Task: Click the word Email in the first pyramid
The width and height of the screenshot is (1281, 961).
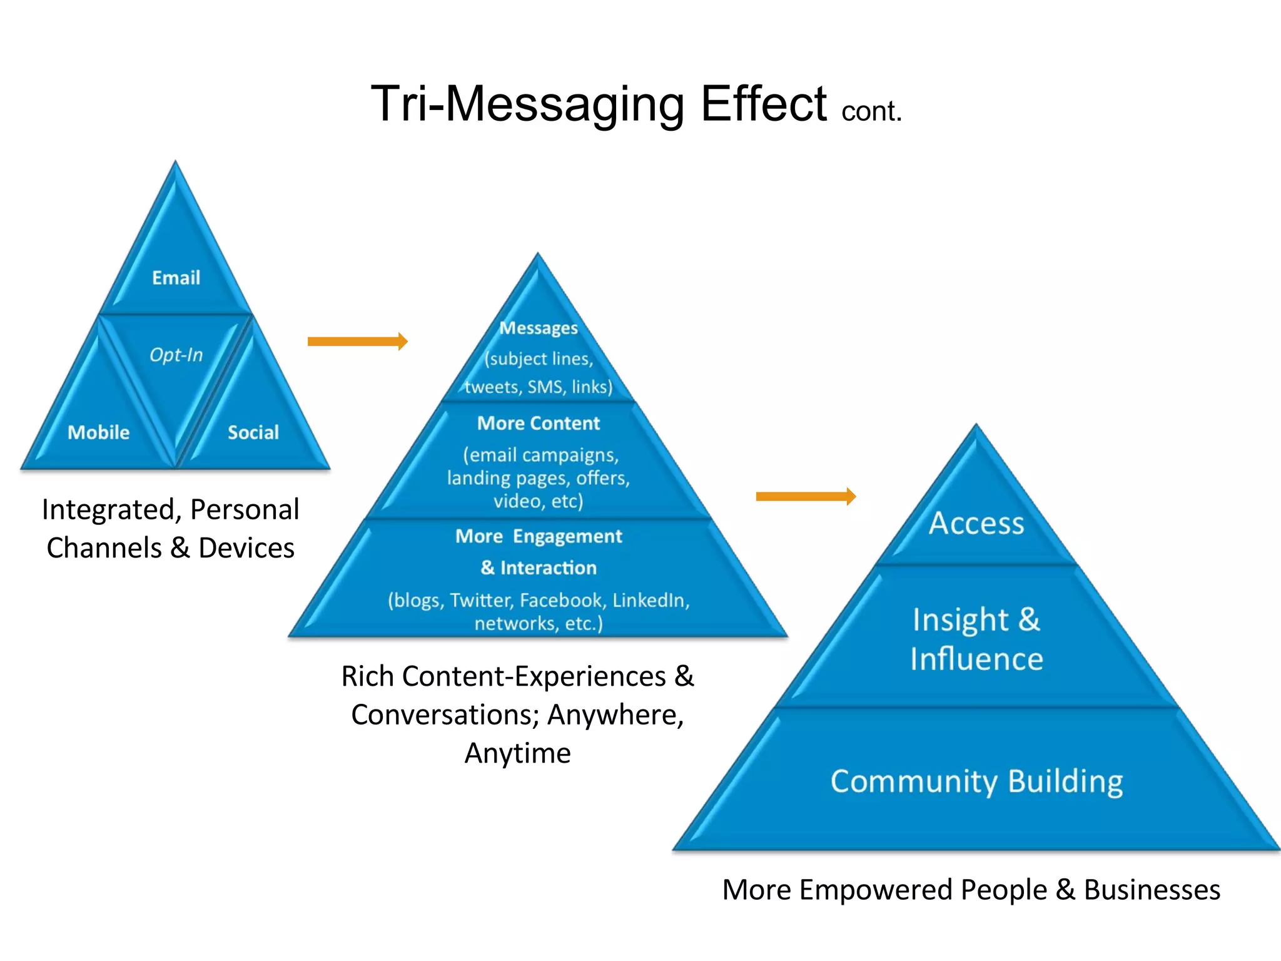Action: (x=176, y=278)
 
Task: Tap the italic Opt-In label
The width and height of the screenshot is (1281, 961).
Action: (x=176, y=355)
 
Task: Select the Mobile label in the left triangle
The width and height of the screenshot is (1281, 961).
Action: (x=98, y=432)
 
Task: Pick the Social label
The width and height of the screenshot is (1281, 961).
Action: (x=253, y=432)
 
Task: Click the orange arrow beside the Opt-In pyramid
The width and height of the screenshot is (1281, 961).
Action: (x=357, y=341)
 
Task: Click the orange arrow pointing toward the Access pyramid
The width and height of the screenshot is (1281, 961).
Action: (x=806, y=496)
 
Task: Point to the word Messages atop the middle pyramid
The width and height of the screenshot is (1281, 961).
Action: (x=539, y=328)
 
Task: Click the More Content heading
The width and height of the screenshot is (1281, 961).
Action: (x=539, y=424)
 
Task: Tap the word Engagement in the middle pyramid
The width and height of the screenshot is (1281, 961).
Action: (x=567, y=536)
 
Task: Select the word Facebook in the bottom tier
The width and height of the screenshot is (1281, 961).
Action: (x=561, y=601)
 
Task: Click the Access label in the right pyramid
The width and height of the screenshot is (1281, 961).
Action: (x=976, y=523)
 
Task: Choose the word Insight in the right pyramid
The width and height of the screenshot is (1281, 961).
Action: (x=960, y=620)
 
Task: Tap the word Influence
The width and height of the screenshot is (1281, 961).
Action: (x=976, y=659)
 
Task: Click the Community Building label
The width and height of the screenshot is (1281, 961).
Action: (x=976, y=781)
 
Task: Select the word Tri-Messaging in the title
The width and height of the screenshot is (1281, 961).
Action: (x=527, y=103)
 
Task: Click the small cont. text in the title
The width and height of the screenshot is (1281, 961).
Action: (x=871, y=111)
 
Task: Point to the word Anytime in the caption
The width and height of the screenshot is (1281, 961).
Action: (x=517, y=753)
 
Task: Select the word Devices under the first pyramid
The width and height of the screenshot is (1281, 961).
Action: (x=246, y=548)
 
